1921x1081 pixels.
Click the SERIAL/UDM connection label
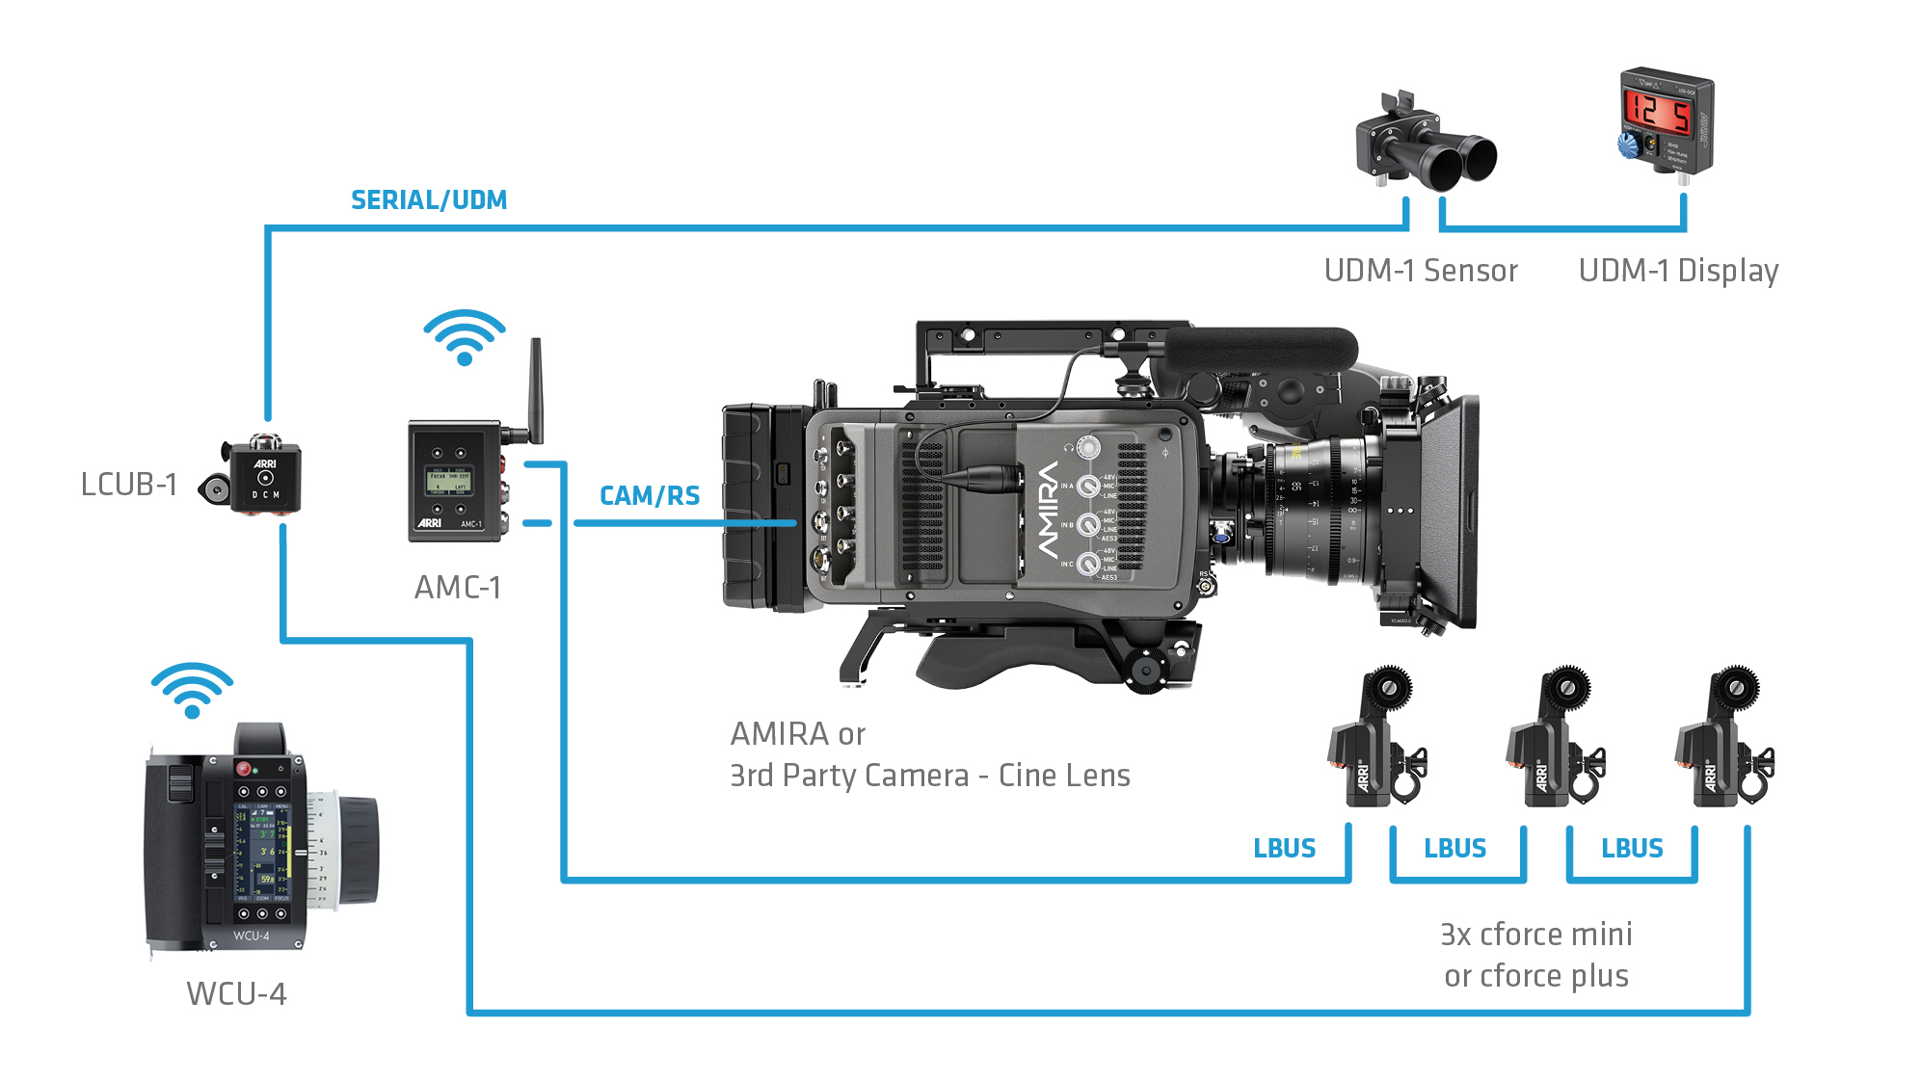[x=429, y=200]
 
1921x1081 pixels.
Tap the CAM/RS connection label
[x=650, y=496]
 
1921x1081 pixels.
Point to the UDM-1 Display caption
[x=1678, y=271]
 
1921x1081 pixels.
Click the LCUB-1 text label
[x=129, y=484]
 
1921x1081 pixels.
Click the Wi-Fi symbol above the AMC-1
[x=465, y=337]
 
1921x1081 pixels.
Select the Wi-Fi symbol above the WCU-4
[x=192, y=690]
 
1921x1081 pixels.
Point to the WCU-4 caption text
[x=236, y=993]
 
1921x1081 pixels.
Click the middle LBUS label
[x=1454, y=849]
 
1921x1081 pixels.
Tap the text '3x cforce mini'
[x=1535, y=934]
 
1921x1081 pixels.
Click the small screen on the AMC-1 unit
[x=449, y=481]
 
